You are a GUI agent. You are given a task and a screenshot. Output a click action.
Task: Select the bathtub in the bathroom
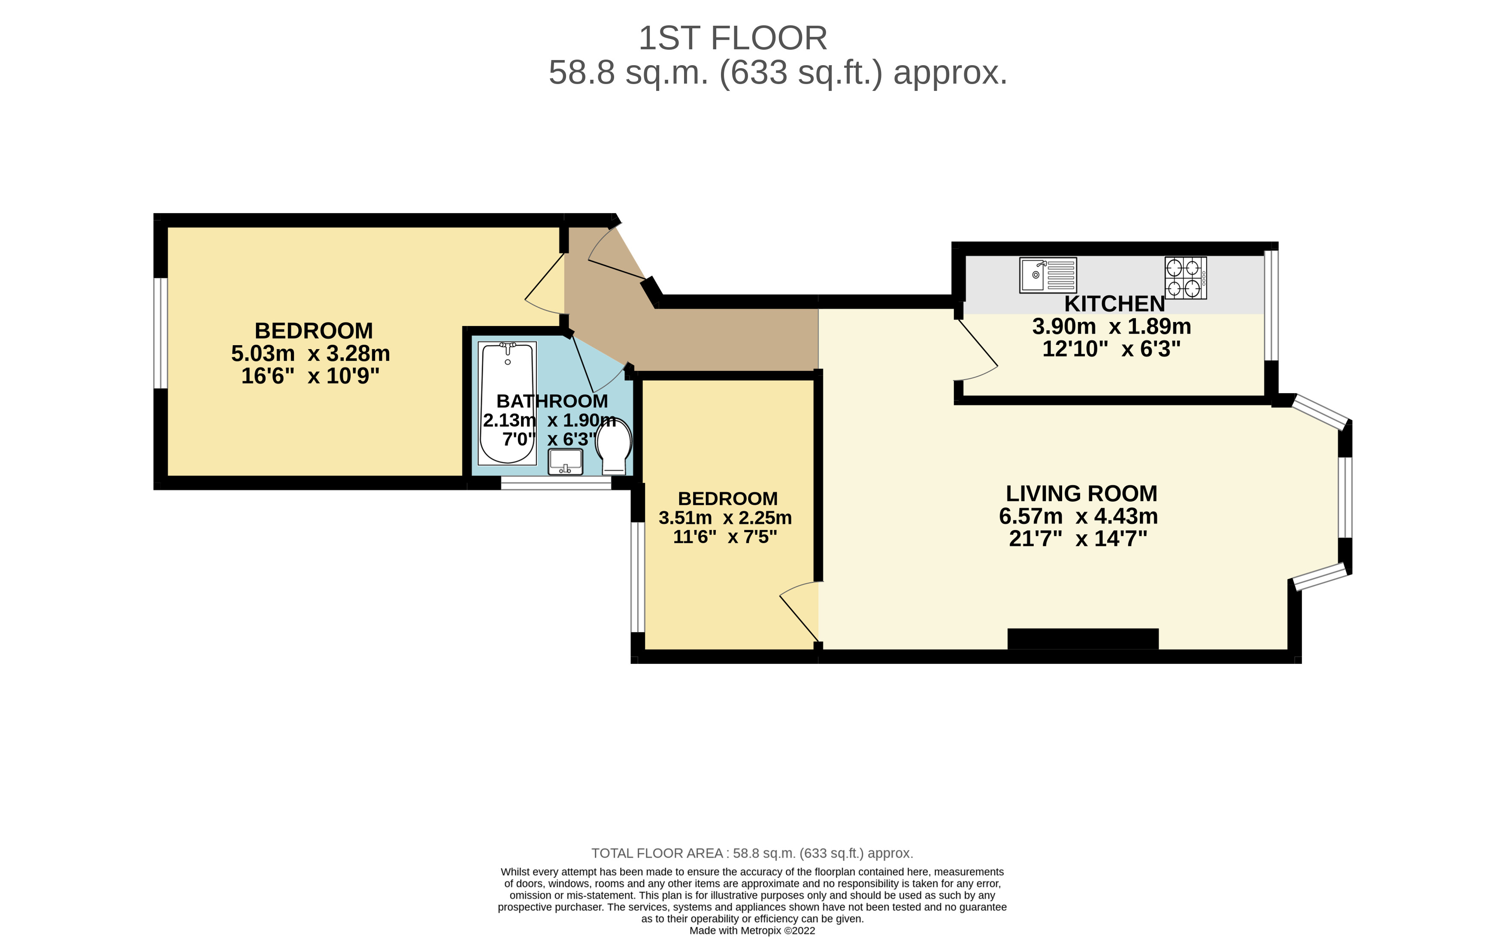507,403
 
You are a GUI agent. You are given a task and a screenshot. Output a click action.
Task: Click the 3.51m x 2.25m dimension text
725,518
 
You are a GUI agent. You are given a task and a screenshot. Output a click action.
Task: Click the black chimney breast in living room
1082,639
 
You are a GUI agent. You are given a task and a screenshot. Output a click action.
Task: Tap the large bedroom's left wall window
160,333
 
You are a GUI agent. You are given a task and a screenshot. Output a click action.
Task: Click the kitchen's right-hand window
1271,305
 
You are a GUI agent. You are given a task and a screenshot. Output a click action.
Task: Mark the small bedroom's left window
637,577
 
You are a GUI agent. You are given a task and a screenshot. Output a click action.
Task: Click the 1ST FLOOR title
733,39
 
